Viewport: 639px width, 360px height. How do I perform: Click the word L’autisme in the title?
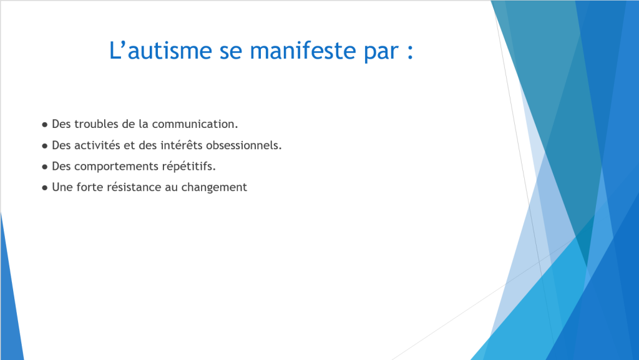point(160,51)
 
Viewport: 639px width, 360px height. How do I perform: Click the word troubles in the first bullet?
point(96,124)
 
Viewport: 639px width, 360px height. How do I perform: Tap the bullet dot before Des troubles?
point(45,125)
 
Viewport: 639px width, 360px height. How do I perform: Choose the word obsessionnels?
point(244,145)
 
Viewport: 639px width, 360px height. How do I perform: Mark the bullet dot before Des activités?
point(45,146)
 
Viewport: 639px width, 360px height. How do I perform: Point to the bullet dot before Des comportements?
point(45,167)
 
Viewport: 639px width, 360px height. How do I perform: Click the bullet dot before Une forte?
point(45,188)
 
